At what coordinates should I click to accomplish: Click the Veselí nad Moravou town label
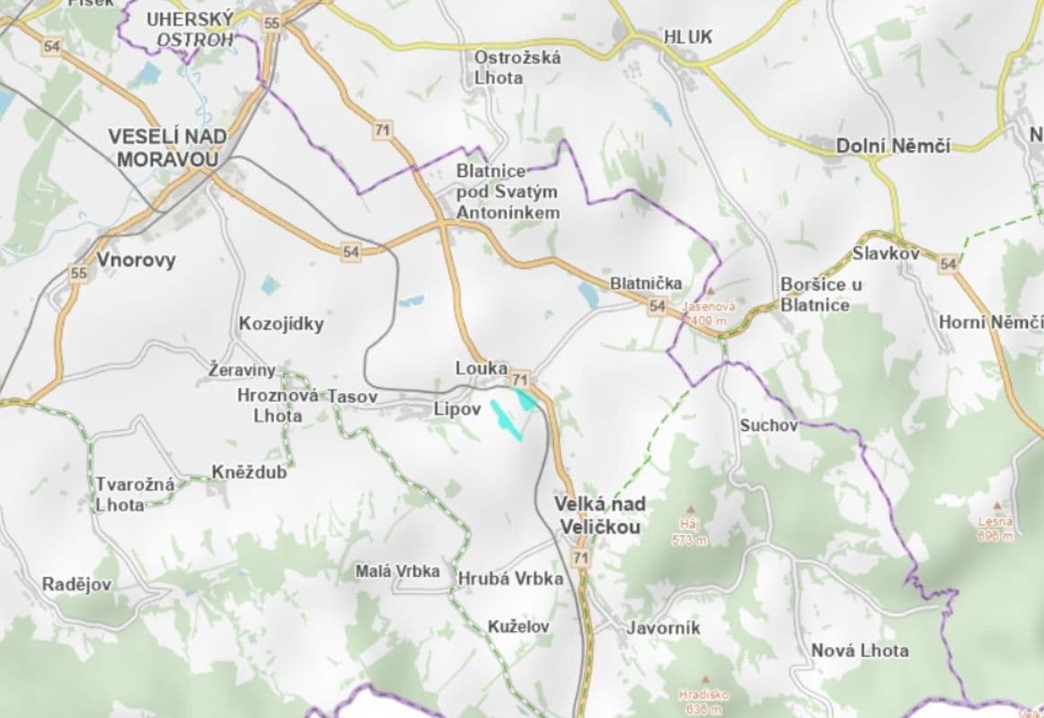click(x=167, y=147)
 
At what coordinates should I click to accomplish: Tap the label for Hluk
click(x=687, y=37)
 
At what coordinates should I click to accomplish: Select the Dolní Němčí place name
click(x=892, y=145)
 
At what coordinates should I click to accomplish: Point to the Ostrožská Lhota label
click(x=518, y=67)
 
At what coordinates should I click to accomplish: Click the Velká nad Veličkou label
click(x=599, y=515)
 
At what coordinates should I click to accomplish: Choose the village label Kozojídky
click(x=280, y=324)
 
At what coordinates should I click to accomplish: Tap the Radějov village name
click(x=76, y=584)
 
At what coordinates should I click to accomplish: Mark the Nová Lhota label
click(x=860, y=650)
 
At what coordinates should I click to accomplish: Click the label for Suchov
click(x=768, y=425)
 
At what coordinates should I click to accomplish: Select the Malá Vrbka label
click(x=397, y=571)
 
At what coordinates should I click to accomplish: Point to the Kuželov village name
click(x=518, y=626)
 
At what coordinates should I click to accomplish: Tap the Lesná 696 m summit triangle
click(x=996, y=505)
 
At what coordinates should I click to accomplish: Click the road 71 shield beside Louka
click(x=520, y=378)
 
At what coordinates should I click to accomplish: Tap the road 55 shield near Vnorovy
click(x=79, y=272)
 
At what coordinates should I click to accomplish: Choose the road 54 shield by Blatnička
click(x=658, y=307)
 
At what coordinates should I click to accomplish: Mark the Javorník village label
click(x=663, y=628)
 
